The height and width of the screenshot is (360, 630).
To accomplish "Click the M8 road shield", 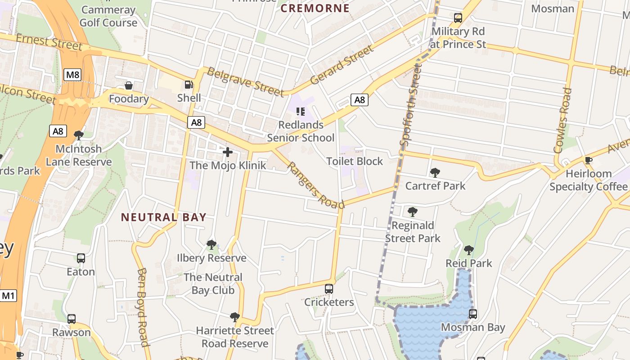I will tap(72, 75).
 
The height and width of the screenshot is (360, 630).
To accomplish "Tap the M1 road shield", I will tap(9, 296).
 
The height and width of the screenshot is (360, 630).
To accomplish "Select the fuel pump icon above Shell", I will tap(189, 85).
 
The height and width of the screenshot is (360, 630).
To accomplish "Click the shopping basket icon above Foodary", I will tap(129, 85).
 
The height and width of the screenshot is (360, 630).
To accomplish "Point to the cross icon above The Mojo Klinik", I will tap(228, 152).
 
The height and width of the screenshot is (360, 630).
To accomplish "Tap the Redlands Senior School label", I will tap(301, 131).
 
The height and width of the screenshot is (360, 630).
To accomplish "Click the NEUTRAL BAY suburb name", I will tap(164, 217).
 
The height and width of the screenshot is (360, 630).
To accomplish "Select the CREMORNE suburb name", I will tap(315, 8).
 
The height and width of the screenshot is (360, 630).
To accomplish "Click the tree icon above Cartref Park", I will tap(435, 172).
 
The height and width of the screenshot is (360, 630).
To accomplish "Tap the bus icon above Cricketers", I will tap(329, 289).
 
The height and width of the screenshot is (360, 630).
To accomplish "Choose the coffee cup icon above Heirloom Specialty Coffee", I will tap(588, 160).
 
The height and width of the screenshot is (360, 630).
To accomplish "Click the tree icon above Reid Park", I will tap(469, 250).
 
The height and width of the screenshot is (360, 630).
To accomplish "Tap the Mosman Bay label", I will tap(472, 327).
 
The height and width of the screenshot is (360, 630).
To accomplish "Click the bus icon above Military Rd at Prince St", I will tap(458, 18).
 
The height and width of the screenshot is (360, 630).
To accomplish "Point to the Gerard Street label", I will tap(342, 64).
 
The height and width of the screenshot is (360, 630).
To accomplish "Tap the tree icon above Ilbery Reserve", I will tap(211, 245).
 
